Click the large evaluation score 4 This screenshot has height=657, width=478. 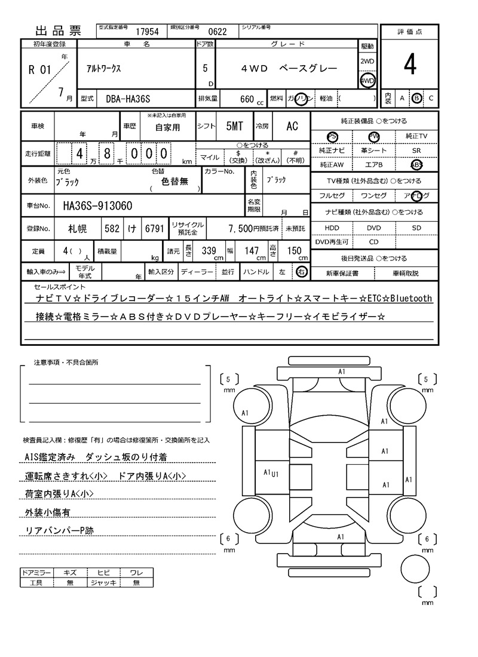(x=409, y=65)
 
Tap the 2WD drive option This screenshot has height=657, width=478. (x=367, y=62)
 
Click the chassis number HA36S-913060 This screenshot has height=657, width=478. (x=98, y=206)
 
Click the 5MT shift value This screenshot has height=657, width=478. (x=234, y=126)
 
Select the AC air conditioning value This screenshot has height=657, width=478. (x=292, y=126)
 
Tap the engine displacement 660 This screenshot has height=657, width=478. (x=247, y=99)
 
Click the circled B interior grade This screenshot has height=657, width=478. (x=416, y=98)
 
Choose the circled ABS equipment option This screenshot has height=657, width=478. (x=416, y=164)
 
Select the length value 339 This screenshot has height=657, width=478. (x=209, y=251)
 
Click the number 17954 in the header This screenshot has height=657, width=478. (x=147, y=32)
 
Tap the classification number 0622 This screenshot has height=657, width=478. (x=217, y=32)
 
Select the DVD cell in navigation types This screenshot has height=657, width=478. (x=373, y=228)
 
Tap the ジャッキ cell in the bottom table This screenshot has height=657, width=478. (x=103, y=582)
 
